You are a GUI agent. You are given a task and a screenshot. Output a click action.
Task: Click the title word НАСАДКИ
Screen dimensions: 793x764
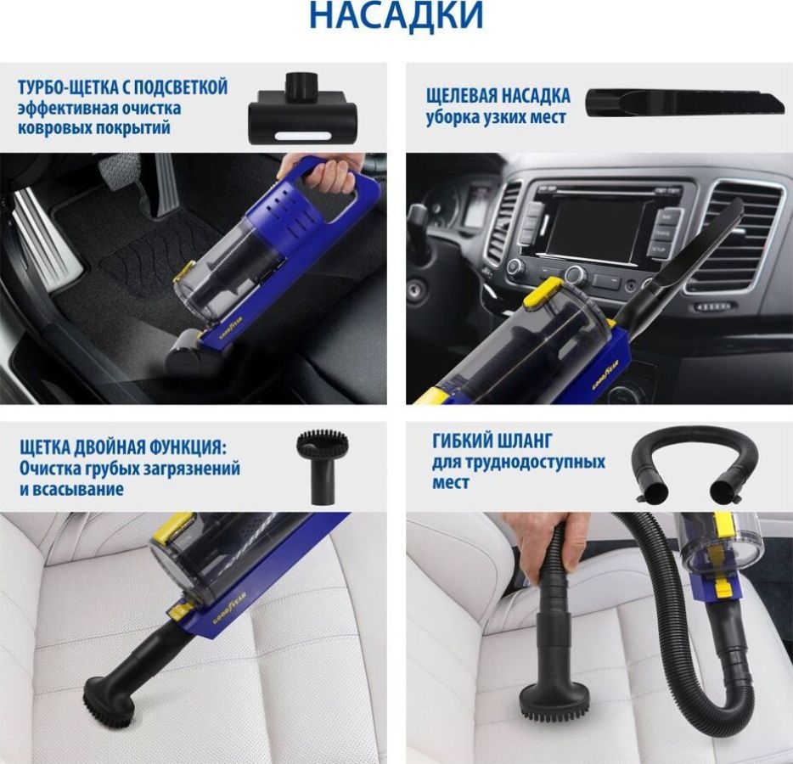(396, 14)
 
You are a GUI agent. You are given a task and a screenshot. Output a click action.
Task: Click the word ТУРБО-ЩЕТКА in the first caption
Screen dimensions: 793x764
(68, 87)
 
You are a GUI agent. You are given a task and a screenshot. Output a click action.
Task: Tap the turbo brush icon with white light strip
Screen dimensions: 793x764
(302, 109)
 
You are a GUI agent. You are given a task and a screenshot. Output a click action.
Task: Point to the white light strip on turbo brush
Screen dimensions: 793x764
(302, 136)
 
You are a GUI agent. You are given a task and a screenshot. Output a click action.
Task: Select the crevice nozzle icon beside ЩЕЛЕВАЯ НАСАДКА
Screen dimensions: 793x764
(685, 104)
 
